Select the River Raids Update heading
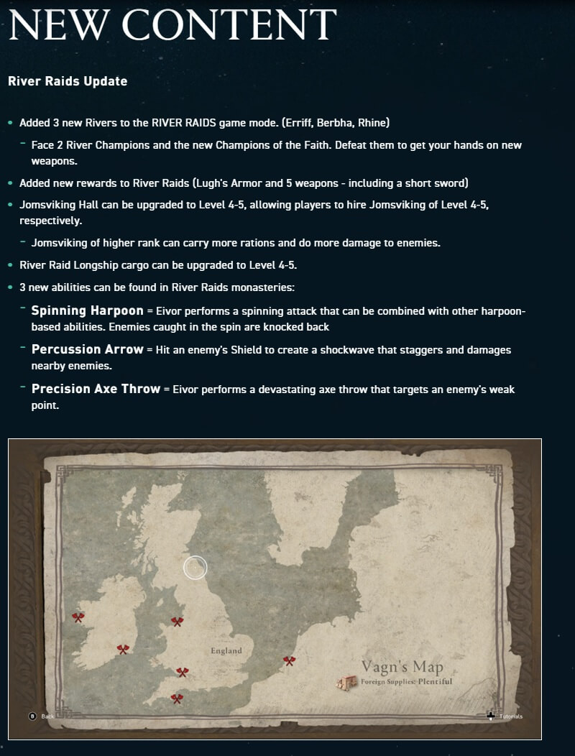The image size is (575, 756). tap(68, 81)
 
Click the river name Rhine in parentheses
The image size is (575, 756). tap(372, 123)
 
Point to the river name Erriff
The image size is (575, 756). tap(301, 123)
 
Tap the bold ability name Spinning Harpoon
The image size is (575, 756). tap(87, 311)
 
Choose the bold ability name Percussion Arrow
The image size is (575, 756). tap(87, 349)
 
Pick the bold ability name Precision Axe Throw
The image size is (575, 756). tap(96, 389)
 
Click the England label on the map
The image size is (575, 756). tap(226, 651)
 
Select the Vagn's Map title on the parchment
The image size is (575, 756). tap(402, 666)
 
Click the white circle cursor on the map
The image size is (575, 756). tap(195, 568)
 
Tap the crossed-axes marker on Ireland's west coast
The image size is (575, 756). tap(78, 617)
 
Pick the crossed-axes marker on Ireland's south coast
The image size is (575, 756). tap(123, 649)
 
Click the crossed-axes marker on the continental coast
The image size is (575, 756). tap(289, 660)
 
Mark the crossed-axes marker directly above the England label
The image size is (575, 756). tap(177, 621)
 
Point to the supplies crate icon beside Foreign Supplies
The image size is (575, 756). tap(349, 683)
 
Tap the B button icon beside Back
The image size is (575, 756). tap(32, 716)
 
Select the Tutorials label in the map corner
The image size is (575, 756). tap(511, 716)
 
